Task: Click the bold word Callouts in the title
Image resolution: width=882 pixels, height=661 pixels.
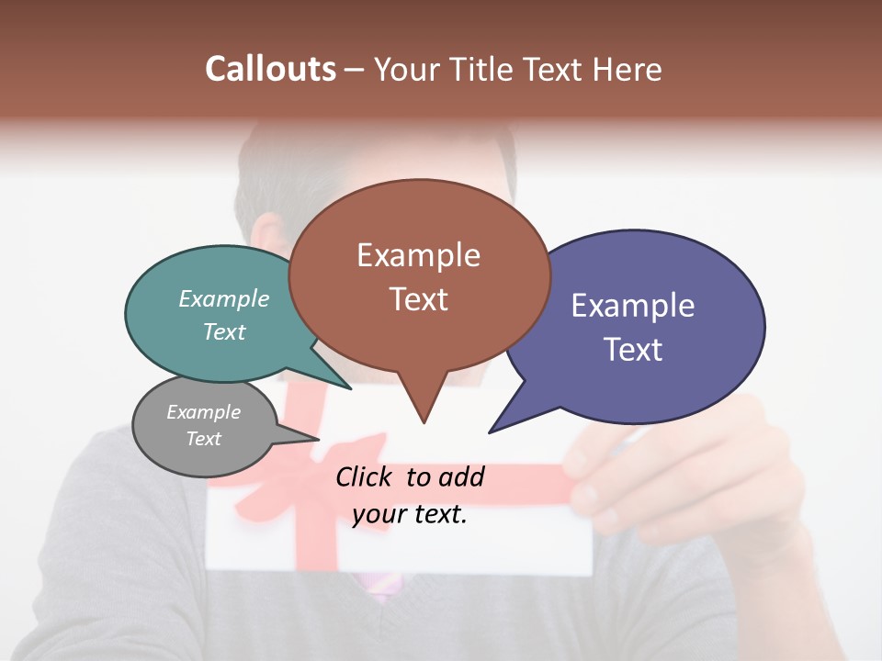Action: pyautogui.click(x=270, y=69)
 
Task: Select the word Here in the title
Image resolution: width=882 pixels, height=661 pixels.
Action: pyautogui.click(x=629, y=69)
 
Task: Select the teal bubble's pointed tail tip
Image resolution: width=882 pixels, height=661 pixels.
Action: pyautogui.click(x=350, y=388)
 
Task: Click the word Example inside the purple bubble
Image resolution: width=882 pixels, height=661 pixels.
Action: pyautogui.click(x=633, y=306)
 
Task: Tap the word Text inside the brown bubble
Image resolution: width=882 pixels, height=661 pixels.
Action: pyautogui.click(x=419, y=299)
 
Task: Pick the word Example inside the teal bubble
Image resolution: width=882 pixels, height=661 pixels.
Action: pyautogui.click(x=224, y=299)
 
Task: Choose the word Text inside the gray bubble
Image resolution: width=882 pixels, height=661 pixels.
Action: pyautogui.click(x=204, y=439)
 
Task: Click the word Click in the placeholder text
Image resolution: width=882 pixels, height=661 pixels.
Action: pyautogui.click(x=366, y=476)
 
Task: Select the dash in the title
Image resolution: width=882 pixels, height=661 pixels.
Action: pyautogui.click(x=355, y=70)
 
